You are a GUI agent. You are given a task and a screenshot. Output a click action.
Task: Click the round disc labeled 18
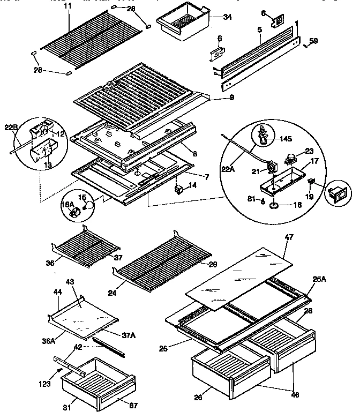pyautogui.click(x=274, y=205)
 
